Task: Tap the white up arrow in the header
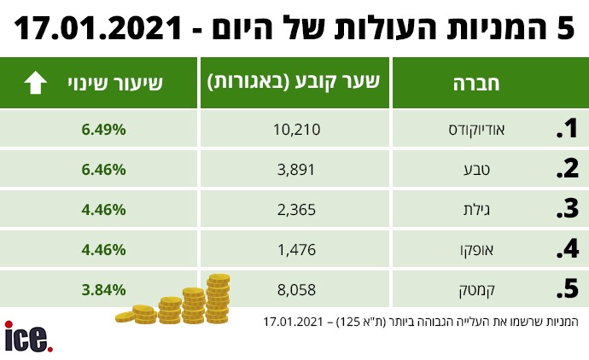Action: pyautogui.click(x=35, y=84)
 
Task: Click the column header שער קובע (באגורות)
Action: pyautogui.click(x=293, y=84)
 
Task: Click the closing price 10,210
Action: pyautogui.click(x=293, y=130)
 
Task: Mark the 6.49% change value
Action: pyautogui.click(x=104, y=130)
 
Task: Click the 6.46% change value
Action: pyautogui.click(x=104, y=170)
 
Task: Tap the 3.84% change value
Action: pyautogui.click(x=104, y=290)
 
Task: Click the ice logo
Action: pyautogui.click(x=28, y=336)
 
